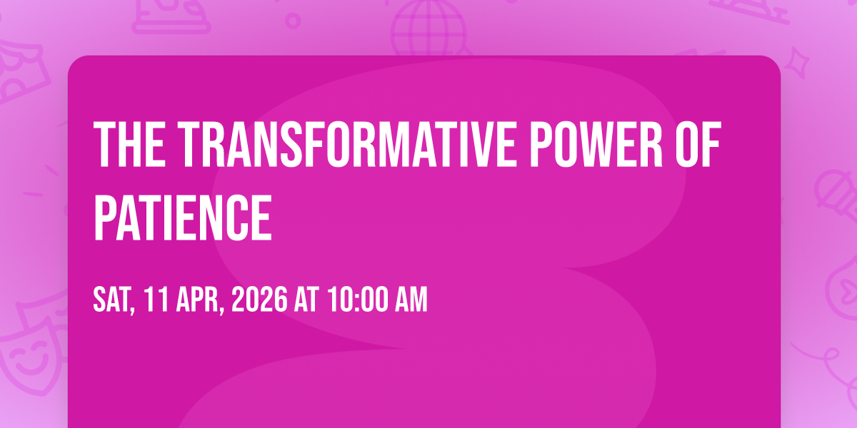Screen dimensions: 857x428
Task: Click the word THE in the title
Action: point(130,144)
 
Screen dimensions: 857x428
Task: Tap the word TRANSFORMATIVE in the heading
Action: point(346,144)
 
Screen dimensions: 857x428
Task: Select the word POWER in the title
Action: point(597,144)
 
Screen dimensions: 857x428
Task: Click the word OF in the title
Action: point(698,144)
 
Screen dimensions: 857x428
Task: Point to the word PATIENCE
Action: point(183,217)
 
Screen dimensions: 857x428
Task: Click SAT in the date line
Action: point(113,300)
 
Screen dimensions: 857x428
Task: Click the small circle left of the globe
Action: point(293,21)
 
